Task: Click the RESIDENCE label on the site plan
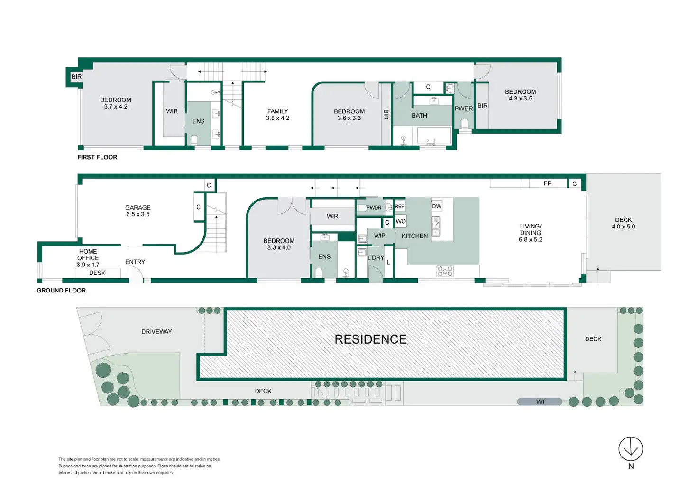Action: point(370,339)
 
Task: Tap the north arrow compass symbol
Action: point(631,449)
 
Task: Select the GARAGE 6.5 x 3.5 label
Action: point(138,211)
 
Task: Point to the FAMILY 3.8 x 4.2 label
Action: point(277,115)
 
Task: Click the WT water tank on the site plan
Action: point(540,402)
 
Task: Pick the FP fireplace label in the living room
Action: point(548,183)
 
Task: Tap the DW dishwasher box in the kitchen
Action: point(437,206)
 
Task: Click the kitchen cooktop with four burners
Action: point(445,271)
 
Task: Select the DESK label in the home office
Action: point(97,273)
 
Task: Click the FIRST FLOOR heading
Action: point(97,157)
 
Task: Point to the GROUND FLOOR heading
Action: point(61,291)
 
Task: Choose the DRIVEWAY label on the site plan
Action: point(156,332)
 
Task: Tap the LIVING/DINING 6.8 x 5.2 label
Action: point(530,233)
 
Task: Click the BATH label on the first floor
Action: point(419,116)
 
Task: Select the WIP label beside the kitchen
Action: point(379,236)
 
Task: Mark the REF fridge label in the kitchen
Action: point(399,206)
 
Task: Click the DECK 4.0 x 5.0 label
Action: point(623,223)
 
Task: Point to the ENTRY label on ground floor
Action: point(135,262)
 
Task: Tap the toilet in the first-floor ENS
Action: point(194,140)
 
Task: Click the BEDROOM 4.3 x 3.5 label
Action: point(520,95)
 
